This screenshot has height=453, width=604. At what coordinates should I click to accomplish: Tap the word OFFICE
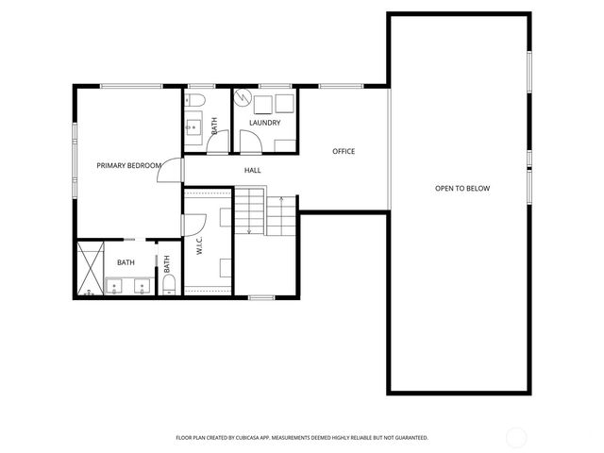pos(344,151)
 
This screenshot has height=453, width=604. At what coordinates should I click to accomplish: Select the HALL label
pos(252,170)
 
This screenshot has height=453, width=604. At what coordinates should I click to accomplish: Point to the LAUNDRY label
pos(264,124)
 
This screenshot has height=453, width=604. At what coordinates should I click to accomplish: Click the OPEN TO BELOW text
pos(462,189)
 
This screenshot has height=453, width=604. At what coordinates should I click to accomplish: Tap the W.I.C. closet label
pos(200,245)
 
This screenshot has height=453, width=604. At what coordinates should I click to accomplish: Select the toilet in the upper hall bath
pos(196,99)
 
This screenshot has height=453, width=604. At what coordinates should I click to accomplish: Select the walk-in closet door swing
pos(195,225)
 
